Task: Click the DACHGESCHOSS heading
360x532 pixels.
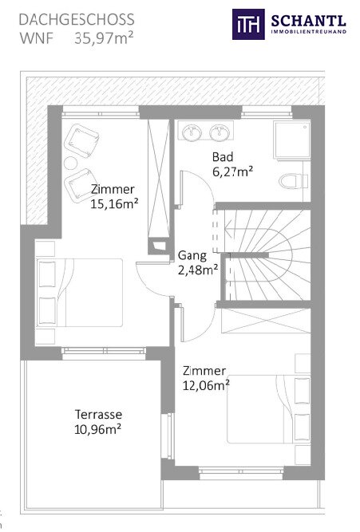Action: click(77, 20)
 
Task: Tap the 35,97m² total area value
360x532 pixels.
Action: click(104, 38)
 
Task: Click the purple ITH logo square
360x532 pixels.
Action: click(248, 25)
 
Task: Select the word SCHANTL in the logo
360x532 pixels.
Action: click(308, 21)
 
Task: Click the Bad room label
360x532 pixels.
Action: click(223, 157)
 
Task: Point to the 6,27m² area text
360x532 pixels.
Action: click(232, 171)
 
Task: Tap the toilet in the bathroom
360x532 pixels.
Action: click(294, 181)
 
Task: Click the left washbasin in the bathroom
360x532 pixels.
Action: click(192, 132)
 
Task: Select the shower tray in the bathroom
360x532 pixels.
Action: click(292, 140)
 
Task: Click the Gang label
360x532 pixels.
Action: click(192, 255)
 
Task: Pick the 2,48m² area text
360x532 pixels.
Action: click(198, 270)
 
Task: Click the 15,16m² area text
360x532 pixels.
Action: click(114, 204)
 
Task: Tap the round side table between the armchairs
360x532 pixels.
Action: click(70, 164)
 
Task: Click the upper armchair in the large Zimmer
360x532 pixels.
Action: click(81, 140)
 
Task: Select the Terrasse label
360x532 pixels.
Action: click(98, 414)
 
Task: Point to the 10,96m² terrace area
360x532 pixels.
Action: click(98, 429)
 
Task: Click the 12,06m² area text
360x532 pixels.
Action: click(206, 385)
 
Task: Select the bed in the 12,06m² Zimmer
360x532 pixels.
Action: click(269, 409)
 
